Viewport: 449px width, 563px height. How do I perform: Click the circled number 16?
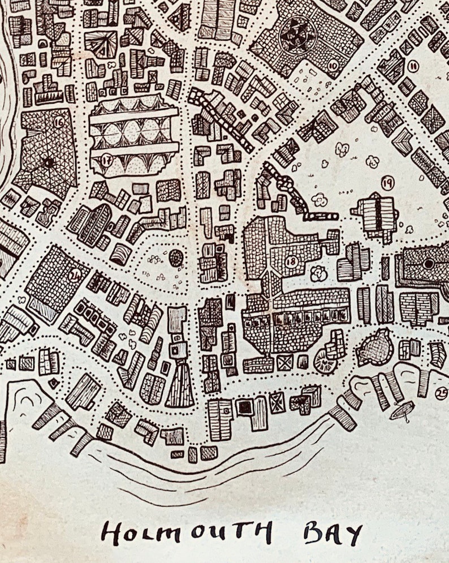[58, 121]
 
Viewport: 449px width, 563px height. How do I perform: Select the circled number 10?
[333, 67]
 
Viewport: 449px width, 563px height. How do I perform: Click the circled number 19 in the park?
[387, 182]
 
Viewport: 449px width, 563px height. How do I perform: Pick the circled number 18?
[291, 261]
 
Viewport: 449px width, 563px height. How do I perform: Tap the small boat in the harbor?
[402, 410]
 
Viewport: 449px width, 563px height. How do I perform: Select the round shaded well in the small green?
[176, 258]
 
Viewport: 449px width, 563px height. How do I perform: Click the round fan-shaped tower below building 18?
[325, 360]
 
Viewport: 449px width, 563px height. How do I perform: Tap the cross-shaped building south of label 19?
[375, 215]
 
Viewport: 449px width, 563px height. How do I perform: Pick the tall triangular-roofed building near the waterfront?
[180, 385]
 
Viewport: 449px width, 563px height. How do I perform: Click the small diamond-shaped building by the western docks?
[54, 383]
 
